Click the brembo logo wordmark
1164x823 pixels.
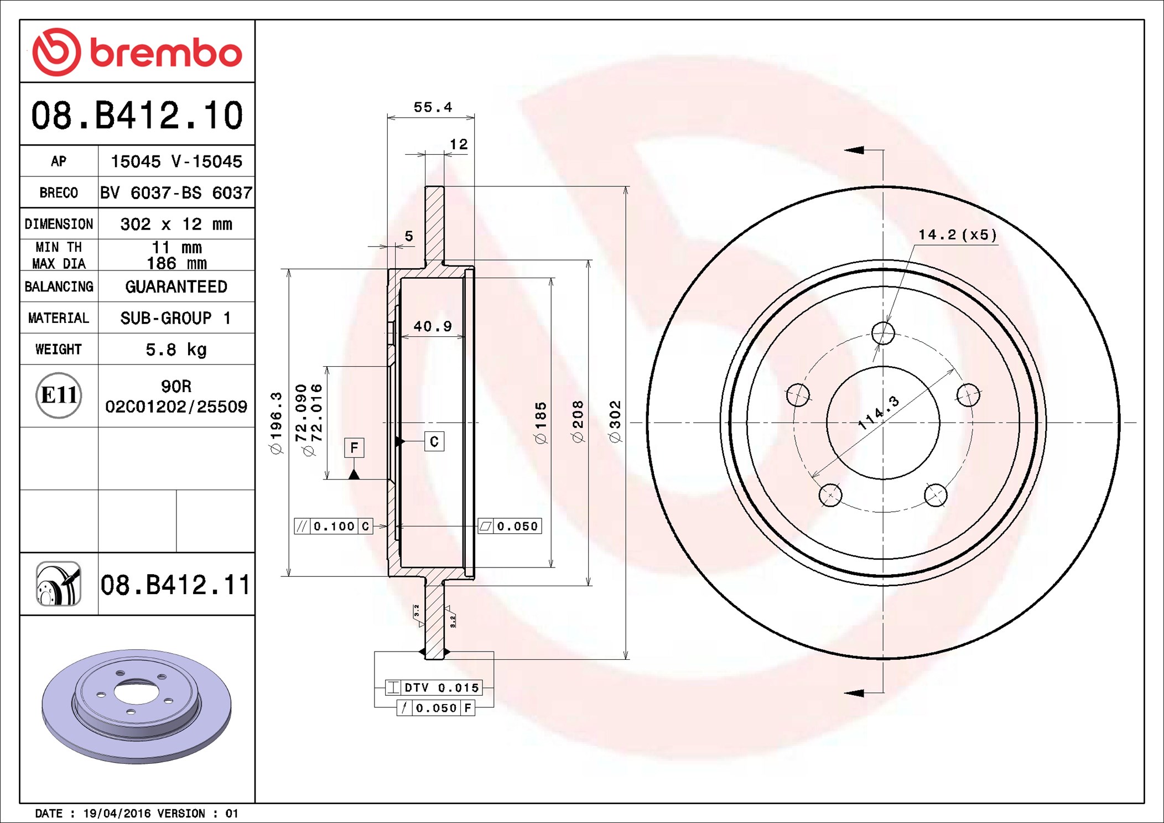click(x=166, y=53)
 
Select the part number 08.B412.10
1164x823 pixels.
click(x=137, y=116)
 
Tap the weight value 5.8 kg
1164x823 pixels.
click(x=176, y=350)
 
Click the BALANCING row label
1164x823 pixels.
click(x=59, y=287)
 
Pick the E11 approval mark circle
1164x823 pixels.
click(x=59, y=395)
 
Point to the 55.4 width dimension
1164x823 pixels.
click(x=433, y=107)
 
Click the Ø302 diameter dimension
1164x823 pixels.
click(x=615, y=421)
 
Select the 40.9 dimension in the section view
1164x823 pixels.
click(x=433, y=326)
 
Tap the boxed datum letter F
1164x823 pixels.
click(x=354, y=447)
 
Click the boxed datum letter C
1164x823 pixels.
click(x=434, y=441)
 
